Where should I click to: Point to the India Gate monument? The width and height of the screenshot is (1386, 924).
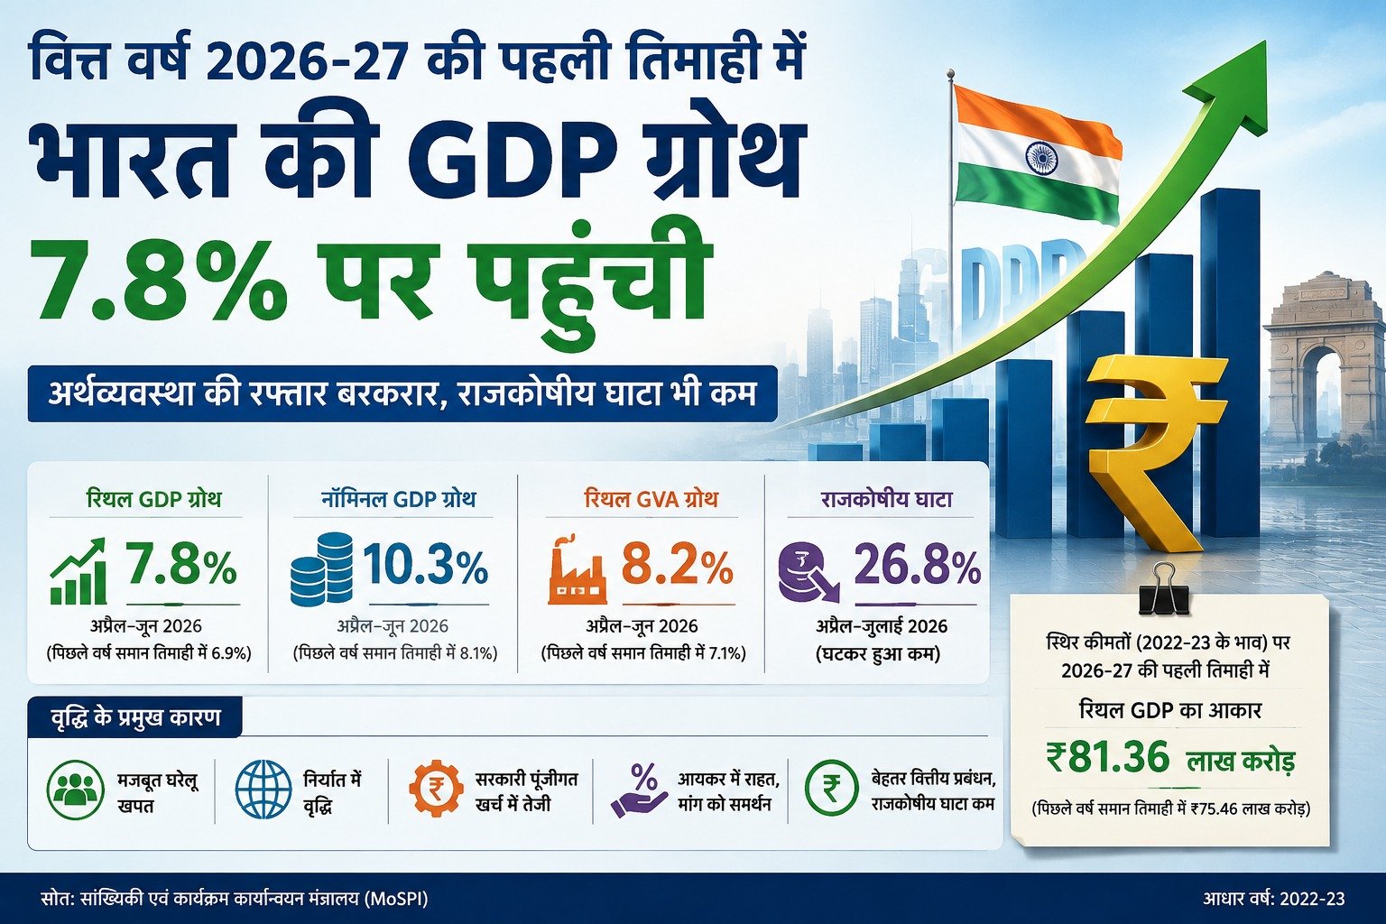point(1324,365)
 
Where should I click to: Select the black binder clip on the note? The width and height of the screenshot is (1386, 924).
point(1163,588)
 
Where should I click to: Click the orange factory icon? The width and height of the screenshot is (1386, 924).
point(577,569)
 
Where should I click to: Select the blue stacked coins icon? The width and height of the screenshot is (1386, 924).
point(322,568)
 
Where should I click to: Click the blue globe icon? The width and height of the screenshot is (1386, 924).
point(263,790)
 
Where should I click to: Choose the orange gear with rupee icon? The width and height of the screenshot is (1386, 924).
point(436,788)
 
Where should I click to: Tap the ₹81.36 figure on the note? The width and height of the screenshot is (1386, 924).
point(1108,758)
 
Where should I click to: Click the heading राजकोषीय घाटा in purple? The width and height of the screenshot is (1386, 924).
point(887,499)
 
